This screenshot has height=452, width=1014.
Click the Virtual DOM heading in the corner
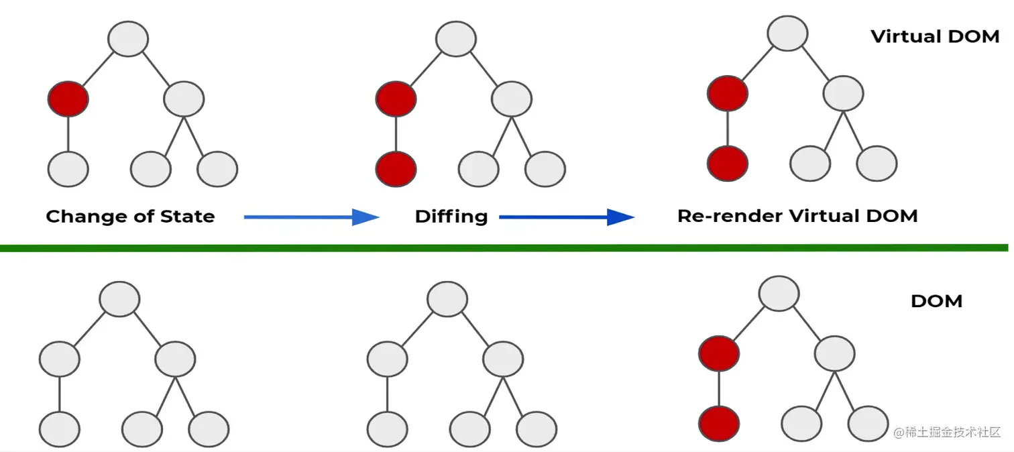(935, 36)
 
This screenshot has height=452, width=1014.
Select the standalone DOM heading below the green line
(936, 301)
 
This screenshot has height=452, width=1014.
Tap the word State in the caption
(187, 217)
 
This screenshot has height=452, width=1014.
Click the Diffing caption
(451, 217)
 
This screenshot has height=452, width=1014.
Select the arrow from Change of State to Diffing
(311, 217)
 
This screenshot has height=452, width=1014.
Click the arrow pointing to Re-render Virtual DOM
(567, 217)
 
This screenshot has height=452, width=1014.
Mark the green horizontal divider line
(503, 248)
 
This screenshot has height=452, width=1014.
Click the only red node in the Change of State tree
(68, 100)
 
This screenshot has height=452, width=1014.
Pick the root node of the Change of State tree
(128, 39)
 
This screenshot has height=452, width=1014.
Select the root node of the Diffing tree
(456, 39)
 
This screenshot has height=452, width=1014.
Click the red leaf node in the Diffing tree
(396, 168)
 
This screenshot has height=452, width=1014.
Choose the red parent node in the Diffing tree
(396, 100)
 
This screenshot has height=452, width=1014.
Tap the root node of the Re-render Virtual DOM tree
(788, 32)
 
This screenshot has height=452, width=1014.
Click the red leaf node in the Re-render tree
(728, 163)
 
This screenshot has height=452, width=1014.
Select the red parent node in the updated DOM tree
(719, 353)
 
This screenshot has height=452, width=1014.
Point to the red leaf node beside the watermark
(719, 423)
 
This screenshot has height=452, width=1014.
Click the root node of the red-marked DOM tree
(779, 293)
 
